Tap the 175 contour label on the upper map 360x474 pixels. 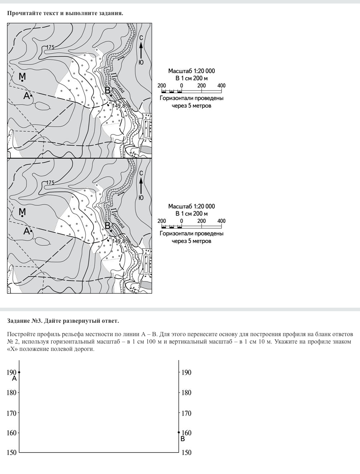tap(50, 47)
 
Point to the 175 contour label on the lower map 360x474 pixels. tap(50, 182)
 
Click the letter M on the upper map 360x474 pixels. tap(22, 76)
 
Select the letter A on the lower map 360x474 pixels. tap(26, 231)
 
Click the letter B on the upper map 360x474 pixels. tap(108, 91)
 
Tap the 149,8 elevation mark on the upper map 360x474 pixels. tap(118, 105)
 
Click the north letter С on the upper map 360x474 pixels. tap(141, 38)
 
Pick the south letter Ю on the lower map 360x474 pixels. tap(141, 198)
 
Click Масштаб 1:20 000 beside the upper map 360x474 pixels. tap(191, 71)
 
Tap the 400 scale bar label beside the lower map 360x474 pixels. tap(221, 221)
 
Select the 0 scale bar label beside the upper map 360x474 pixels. tap(181, 85)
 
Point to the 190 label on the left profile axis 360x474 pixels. tap(12, 372)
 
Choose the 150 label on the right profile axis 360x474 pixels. tap(186, 453)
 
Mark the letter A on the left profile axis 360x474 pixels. tap(14, 379)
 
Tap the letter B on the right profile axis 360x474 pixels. tap(182, 439)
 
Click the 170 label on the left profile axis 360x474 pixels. tap(12, 413)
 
